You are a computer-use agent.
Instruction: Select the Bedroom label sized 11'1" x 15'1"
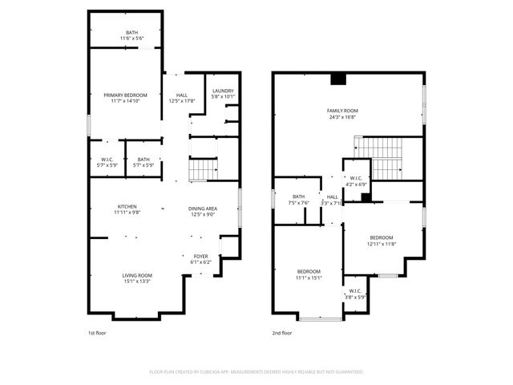click(309, 274)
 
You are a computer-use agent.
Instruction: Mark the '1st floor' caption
click(97, 332)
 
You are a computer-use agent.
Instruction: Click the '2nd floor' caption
click(281, 332)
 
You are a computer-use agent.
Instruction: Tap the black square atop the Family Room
click(338, 79)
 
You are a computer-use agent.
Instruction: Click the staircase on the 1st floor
click(203, 170)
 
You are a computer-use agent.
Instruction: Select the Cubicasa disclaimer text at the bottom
click(256, 372)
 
